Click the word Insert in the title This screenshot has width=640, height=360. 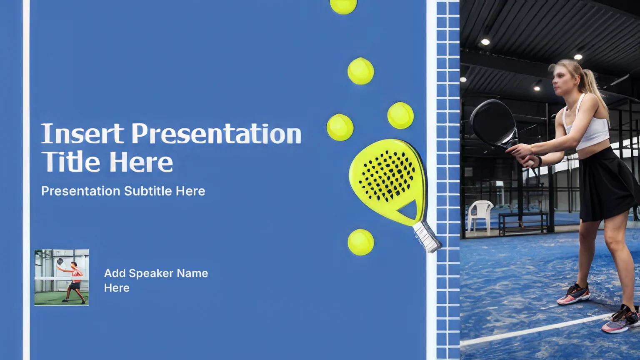tap(82, 133)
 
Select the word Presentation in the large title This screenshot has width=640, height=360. tap(216, 133)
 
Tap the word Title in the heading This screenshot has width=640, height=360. tap(70, 161)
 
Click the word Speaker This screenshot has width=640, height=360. tap(151, 273)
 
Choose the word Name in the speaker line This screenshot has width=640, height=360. tap(192, 273)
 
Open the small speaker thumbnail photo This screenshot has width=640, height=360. tap(61, 277)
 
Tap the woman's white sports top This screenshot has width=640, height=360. tap(587, 126)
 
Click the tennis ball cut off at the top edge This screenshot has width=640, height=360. tap(343, 6)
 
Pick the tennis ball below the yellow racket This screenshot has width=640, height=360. tap(360, 242)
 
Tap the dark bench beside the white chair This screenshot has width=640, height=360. tap(523, 223)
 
